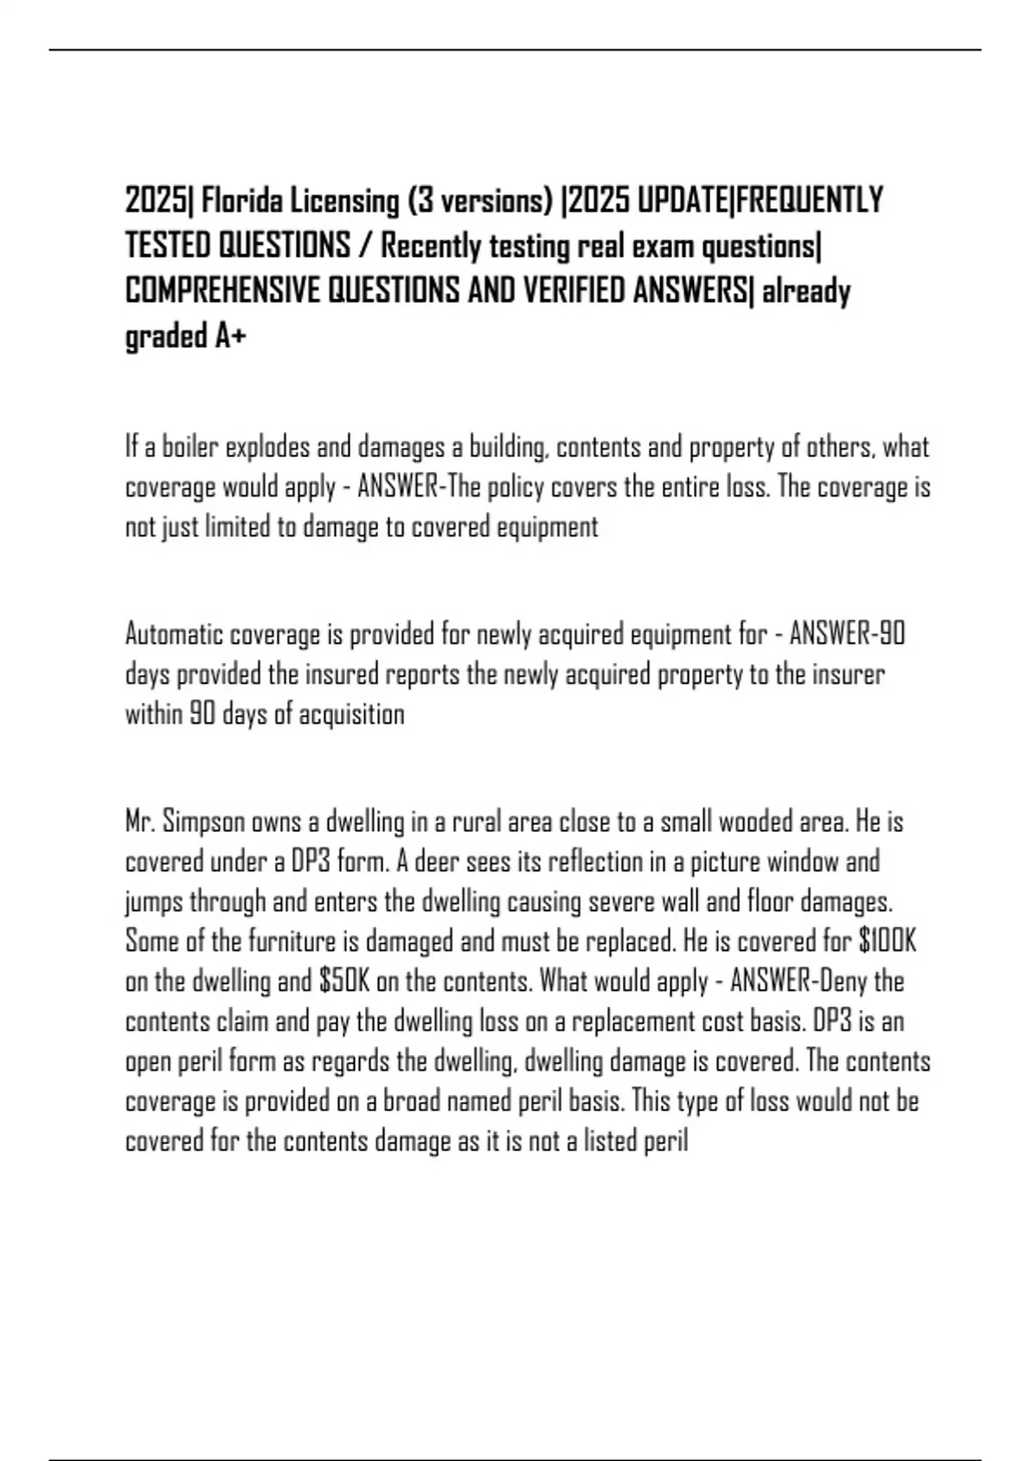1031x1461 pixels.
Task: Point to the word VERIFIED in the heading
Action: click(x=574, y=292)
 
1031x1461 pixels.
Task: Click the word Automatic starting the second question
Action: click(x=174, y=635)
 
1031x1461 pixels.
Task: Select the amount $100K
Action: click(x=888, y=942)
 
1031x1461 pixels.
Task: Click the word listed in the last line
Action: click(x=610, y=1141)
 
